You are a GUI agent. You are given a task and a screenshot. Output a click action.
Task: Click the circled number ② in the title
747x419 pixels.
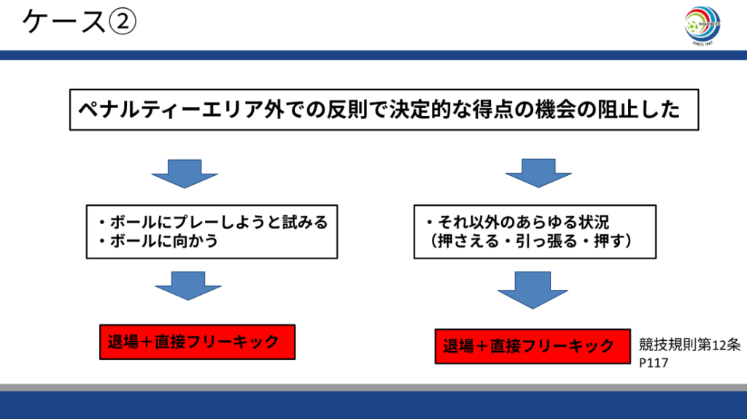point(123,21)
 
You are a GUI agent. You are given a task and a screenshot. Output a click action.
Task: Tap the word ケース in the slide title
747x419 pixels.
point(64,21)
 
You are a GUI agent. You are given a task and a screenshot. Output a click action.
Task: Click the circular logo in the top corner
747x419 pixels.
point(703,26)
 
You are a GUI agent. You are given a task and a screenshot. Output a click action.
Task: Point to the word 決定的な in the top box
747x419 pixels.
point(430,109)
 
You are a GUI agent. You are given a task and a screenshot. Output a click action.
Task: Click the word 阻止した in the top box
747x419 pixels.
point(638,109)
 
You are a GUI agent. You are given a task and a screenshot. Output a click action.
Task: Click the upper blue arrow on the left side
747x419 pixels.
point(185,174)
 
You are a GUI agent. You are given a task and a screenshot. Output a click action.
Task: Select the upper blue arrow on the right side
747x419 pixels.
point(538,173)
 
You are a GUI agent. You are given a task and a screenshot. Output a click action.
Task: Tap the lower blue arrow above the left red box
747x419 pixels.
point(188,285)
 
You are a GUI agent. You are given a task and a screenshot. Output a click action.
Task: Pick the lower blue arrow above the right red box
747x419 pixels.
point(533,290)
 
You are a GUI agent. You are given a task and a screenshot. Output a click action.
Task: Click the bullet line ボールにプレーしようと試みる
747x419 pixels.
point(213,223)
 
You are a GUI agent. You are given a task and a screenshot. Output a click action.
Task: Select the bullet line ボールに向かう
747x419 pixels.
point(158,241)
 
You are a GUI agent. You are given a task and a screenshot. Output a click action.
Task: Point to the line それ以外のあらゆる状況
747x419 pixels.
point(518,223)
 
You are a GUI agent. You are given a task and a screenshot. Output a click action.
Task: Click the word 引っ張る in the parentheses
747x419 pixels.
point(541,241)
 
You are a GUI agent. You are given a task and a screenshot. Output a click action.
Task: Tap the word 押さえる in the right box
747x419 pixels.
point(468,241)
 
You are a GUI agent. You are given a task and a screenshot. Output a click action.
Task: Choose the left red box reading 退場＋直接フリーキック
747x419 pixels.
point(197,342)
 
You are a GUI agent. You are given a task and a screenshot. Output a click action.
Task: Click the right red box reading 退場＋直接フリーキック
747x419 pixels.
point(533,346)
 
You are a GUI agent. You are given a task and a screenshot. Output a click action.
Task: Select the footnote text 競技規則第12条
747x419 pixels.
point(689,345)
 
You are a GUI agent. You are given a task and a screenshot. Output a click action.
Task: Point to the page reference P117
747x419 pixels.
point(654,363)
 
